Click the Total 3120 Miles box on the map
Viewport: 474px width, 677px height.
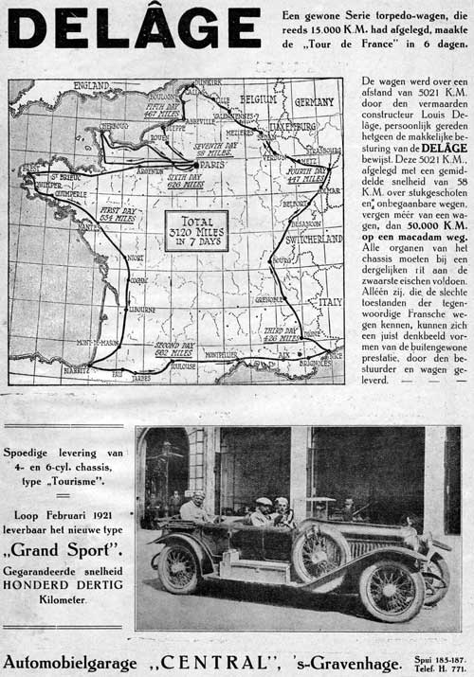click(195, 230)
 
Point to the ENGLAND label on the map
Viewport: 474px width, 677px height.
click(90, 86)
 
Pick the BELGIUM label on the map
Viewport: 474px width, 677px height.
click(258, 98)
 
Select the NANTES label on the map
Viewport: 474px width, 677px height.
click(89, 227)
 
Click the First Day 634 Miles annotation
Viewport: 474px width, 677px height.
click(121, 213)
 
